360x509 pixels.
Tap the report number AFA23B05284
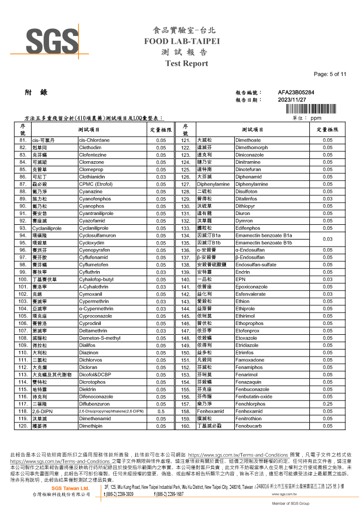pyautogui.click(x=296, y=93)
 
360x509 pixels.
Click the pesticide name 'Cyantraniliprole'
pyautogui.click(x=96, y=213)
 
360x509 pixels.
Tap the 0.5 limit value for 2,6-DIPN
pyautogui.click(x=161, y=411)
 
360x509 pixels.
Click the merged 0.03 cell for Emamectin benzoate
pyautogui.click(x=327, y=239)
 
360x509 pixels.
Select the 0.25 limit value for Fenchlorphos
pyautogui.click(x=327, y=404)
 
